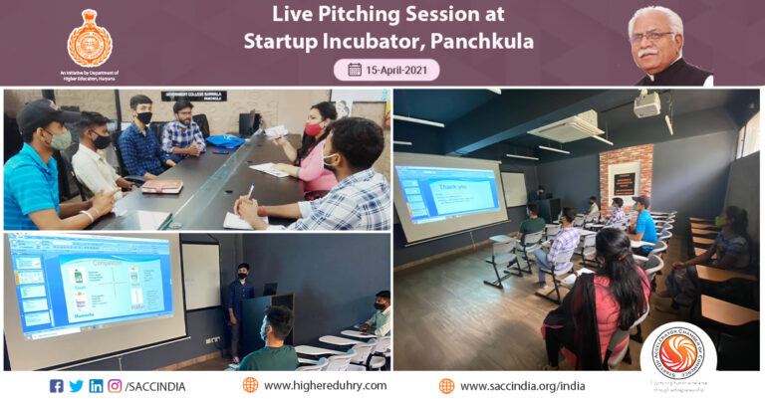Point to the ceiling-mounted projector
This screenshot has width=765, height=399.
tap(647, 103)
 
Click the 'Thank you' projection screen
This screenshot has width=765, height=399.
tap(447, 195)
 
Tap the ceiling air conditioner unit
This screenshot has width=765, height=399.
tap(568, 127)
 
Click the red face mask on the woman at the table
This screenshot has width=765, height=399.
tap(313, 129)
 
